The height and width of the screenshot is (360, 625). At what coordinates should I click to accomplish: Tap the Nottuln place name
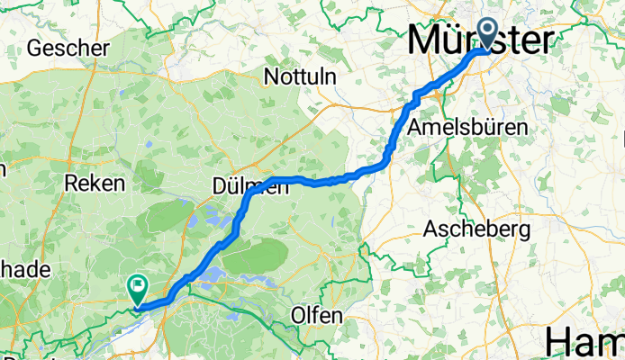(301, 78)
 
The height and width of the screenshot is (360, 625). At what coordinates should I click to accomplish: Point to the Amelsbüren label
(467, 128)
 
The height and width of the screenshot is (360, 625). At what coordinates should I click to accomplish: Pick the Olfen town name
(317, 316)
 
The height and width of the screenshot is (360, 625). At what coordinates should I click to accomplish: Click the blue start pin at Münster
(489, 32)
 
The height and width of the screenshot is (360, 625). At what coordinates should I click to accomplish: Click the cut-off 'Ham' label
(585, 343)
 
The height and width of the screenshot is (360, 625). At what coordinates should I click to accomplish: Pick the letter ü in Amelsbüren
(487, 128)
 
